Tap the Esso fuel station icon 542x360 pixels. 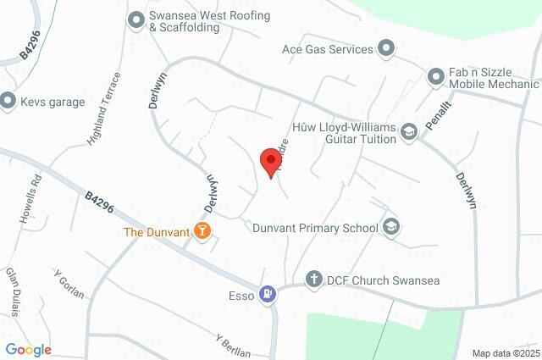point(268,295)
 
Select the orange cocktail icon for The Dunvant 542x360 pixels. point(202,230)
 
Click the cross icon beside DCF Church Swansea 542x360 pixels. point(313,280)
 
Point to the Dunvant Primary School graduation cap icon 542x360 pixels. point(390,226)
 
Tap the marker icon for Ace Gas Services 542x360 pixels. point(386,48)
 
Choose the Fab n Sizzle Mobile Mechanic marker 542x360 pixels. point(437,77)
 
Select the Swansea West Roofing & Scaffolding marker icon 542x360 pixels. point(135,19)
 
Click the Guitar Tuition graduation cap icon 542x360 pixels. point(409,131)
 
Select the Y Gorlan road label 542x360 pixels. point(69,285)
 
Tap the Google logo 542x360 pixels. point(28,349)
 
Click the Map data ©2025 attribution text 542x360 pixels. point(505,353)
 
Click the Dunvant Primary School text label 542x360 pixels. point(316,227)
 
